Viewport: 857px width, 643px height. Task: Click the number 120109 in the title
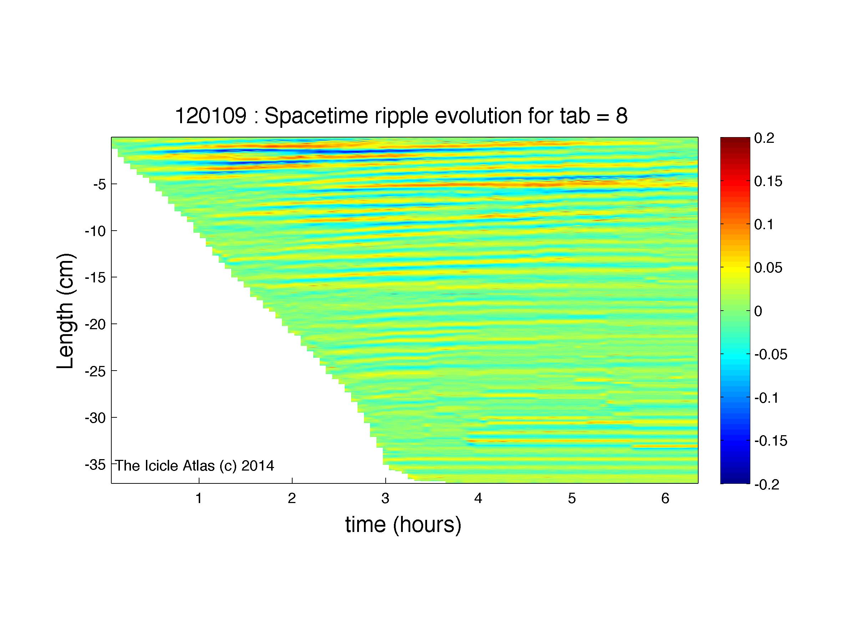pyautogui.click(x=211, y=116)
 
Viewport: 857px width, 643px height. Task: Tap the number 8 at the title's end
pyautogui.click(x=622, y=116)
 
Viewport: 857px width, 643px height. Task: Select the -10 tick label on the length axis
pyautogui.click(x=95, y=231)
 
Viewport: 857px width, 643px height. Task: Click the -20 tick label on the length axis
pyautogui.click(x=95, y=324)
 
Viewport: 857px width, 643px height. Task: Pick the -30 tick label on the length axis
pyautogui.click(x=95, y=418)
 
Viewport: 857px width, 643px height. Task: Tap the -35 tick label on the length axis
pyautogui.click(x=95, y=464)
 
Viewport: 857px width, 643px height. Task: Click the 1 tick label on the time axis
pyautogui.click(x=199, y=498)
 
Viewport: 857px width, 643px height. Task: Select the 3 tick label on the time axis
pyautogui.click(x=385, y=498)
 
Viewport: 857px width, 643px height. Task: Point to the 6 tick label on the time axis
pyautogui.click(x=665, y=498)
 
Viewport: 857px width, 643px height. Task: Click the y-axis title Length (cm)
pyautogui.click(x=65, y=311)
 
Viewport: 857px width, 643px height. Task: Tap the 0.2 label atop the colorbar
pyautogui.click(x=764, y=138)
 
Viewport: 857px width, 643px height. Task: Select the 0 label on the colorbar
pyautogui.click(x=758, y=311)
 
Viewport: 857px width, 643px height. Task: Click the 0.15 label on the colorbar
pyautogui.click(x=768, y=181)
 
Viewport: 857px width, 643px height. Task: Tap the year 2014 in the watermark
pyautogui.click(x=258, y=466)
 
